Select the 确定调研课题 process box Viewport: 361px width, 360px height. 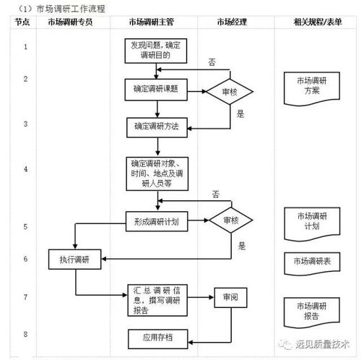pos(155,90)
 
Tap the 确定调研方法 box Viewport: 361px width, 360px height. pos(155,127)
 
